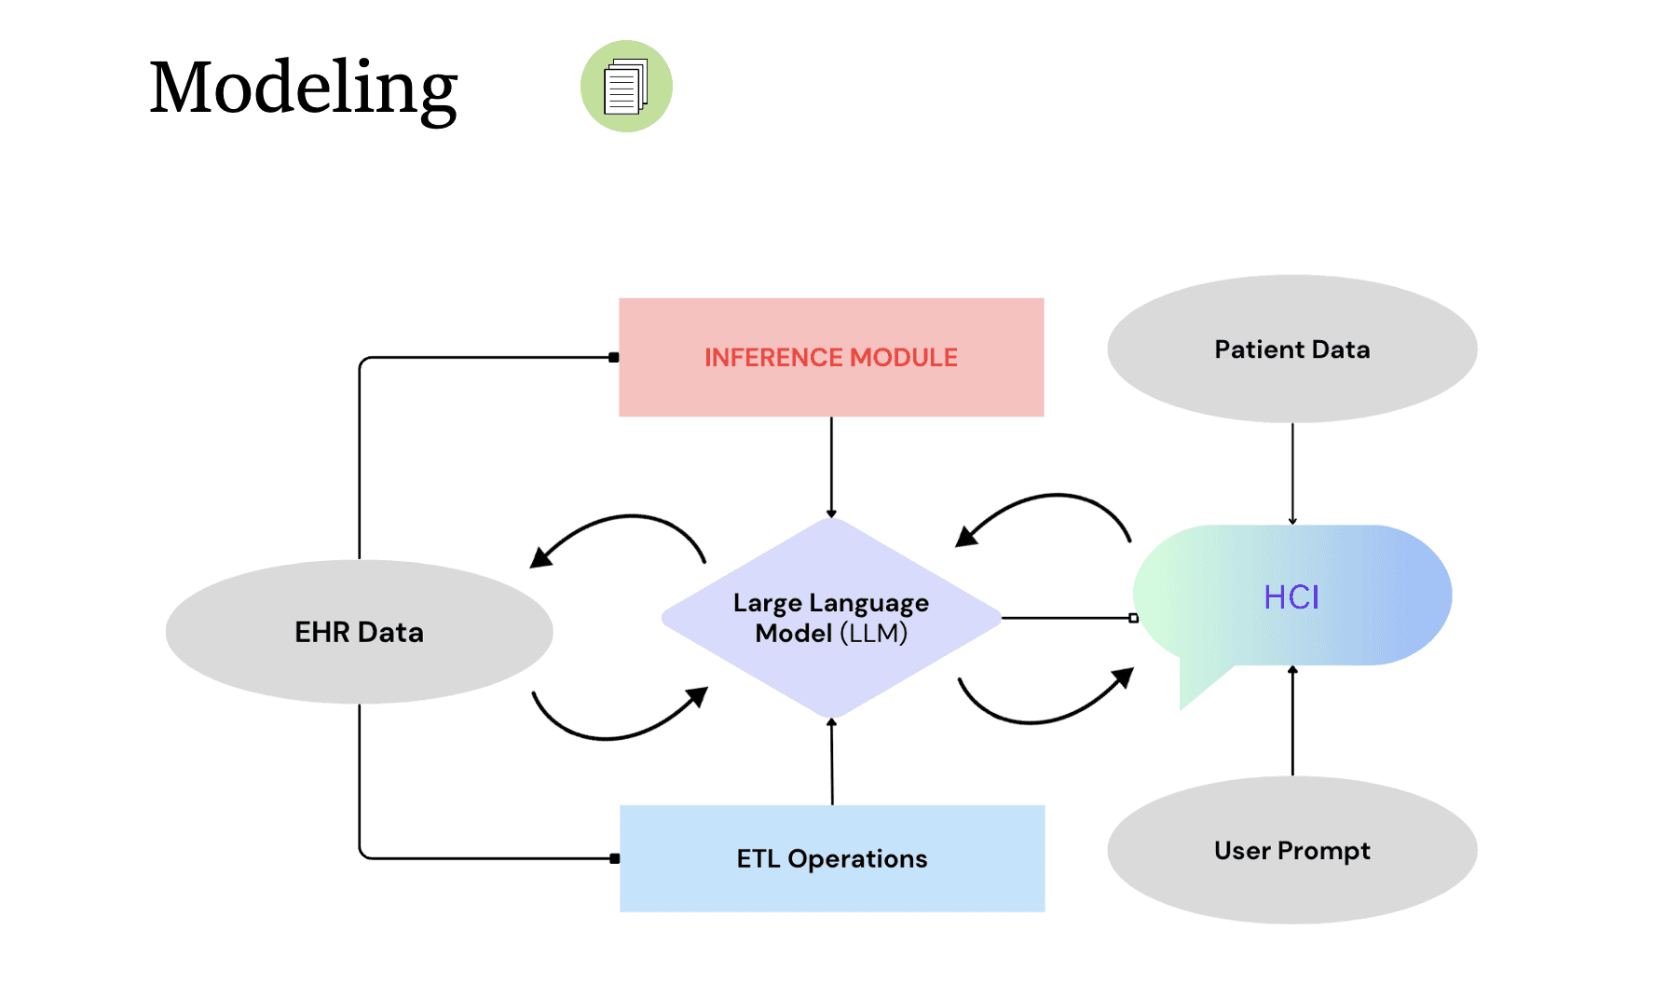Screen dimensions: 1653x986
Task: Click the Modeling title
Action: [x=304, y=88]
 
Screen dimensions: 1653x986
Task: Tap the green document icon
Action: [x=626, y=86]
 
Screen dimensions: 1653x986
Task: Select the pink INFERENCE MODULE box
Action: [x=831, y=357]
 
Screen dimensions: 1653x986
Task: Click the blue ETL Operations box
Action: [x=832, y=858]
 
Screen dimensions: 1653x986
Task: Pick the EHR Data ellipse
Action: [x=360, y=632]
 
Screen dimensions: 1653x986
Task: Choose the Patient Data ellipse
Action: [x=1292, y=349]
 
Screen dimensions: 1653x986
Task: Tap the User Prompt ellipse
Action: [x=1292, y=850]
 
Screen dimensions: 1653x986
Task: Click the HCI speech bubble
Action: [x=1292, y=596]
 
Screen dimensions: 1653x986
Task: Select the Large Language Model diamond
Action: [x=831, y=618]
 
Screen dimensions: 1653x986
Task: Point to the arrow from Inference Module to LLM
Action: [x=831, y=467]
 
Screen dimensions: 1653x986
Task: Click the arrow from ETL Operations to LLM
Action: [x=832, y=761]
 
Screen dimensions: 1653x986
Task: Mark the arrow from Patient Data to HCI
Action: [x=1292, y=473]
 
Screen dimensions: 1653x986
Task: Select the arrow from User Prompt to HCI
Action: [x=1292, y=720]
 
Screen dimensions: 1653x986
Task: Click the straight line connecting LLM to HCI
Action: [x=1068, y=618]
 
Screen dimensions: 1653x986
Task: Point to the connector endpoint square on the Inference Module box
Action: [x=614, y=357]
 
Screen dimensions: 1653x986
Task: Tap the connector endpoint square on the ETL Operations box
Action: [x=615, y=858]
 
